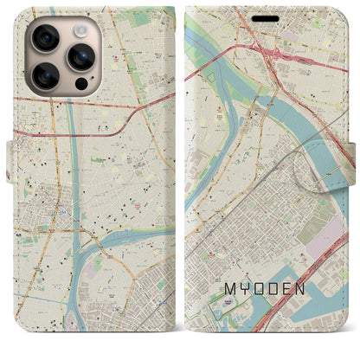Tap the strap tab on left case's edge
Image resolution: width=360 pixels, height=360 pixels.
[15, 138]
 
